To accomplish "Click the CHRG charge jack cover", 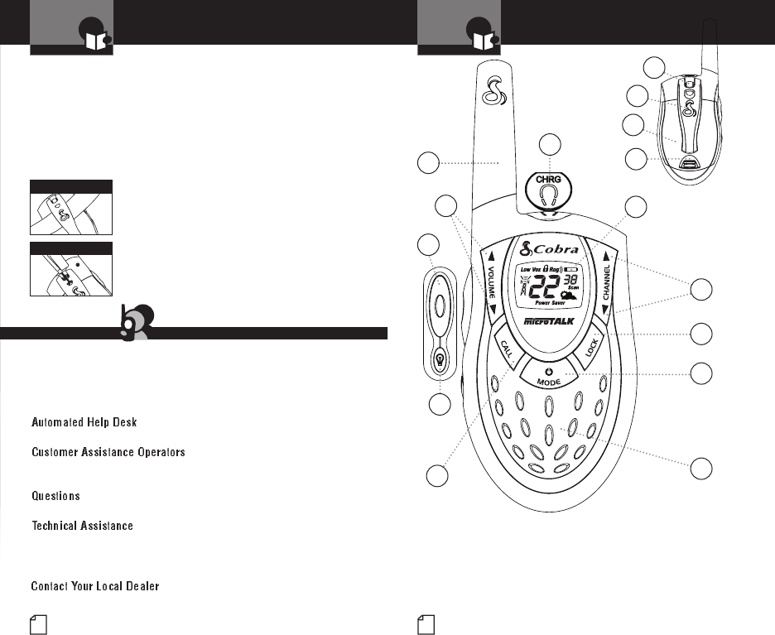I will click(x=546, y=190).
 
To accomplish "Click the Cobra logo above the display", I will click(x=546, y=249).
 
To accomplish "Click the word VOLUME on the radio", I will click(x=494, y=282).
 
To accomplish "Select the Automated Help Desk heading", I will click(x=84, y=422).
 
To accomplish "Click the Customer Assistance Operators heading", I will click(x=108, y=453).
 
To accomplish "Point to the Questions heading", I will click(x=55, y=496).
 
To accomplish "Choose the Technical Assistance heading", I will click(x=82, y=526).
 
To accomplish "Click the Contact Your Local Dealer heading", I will click(x=95, y=586).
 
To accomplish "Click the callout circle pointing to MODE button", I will click(x=702, y=373).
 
